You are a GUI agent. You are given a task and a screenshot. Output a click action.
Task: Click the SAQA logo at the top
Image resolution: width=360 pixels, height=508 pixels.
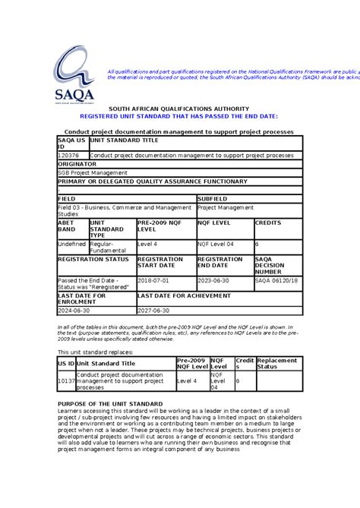coord(72,73)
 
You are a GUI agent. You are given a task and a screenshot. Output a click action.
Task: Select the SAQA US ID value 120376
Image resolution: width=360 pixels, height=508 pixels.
coord(69,155)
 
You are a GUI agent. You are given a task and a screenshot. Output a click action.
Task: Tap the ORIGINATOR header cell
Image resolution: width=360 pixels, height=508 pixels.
coord(77,163)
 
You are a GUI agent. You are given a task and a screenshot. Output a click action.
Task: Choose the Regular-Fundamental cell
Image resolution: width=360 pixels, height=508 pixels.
coord(102,248)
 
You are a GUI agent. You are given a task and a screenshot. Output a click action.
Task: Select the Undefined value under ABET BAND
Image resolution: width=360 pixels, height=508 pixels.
coord(72,245)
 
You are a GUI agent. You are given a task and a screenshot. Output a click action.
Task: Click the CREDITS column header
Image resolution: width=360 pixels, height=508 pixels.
coord(267,223)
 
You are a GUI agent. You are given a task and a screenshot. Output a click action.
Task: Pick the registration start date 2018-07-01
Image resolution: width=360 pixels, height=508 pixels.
coord(154,280)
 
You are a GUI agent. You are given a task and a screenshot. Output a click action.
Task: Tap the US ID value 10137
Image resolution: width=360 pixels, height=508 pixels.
coord(65,380)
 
